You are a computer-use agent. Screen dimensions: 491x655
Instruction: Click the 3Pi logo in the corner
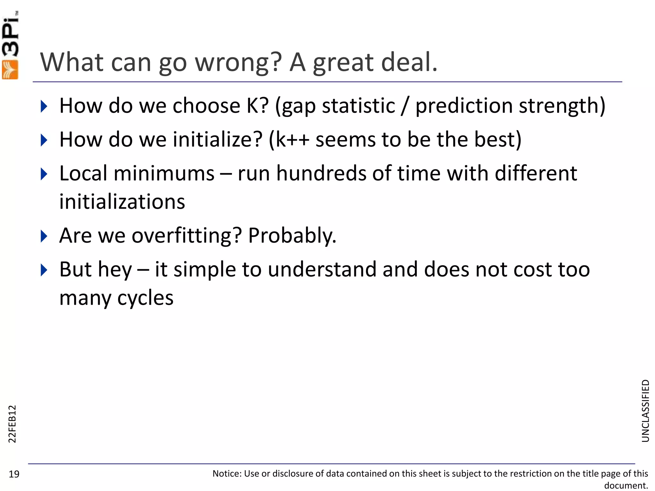pos(10,45)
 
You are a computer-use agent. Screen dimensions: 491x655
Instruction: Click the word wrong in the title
pos(238,62)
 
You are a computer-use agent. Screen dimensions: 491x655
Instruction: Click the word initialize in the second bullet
pos(217,140)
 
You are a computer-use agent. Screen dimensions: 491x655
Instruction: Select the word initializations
pos(122,202)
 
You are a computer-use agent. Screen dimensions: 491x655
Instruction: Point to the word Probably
pos(292,236)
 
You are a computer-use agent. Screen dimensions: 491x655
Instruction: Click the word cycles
pos(145,298)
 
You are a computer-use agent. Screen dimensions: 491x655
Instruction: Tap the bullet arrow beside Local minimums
pos(44,174)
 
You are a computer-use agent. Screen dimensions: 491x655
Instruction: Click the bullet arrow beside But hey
pos(44,270)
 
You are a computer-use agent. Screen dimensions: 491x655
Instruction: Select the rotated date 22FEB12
pos(12,424)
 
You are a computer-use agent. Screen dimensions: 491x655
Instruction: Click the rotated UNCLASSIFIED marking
pos(645,411)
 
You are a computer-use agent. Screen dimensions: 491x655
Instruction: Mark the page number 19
pos(14,474)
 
